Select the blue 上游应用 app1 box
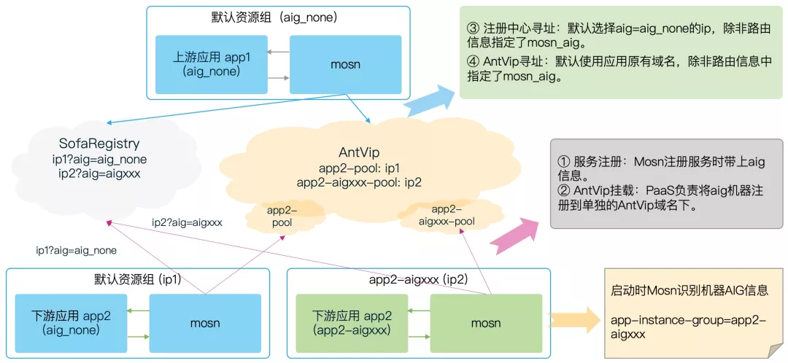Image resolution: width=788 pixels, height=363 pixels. click(211, 64)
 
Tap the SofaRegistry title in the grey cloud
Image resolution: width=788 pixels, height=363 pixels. click(98, 144)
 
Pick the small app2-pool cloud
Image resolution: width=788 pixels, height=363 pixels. click(282, 216)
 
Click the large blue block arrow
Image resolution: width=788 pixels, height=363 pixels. click(430, 101)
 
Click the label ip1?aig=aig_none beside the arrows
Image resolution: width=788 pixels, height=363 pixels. click(77, 250)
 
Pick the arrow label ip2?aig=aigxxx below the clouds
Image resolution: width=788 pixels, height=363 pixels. click(187, 222)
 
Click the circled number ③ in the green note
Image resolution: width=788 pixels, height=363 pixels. click(472, 29)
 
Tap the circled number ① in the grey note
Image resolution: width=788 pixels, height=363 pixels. click(563, 162)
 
